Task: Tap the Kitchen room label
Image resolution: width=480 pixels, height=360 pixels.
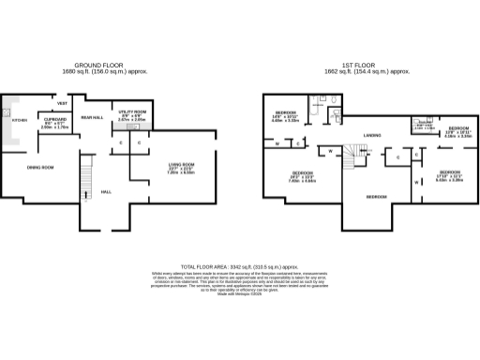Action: (x=19, y=120)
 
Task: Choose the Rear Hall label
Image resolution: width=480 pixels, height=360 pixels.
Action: (x=92, y=117)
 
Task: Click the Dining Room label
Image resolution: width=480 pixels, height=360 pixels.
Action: (x=39, y=167)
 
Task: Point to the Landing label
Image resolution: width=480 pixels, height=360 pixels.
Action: (x=371, y=137)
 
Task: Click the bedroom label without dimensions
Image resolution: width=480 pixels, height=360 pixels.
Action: (x=376, y=196)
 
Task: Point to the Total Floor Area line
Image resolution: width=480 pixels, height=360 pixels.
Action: (x=239, y=266)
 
